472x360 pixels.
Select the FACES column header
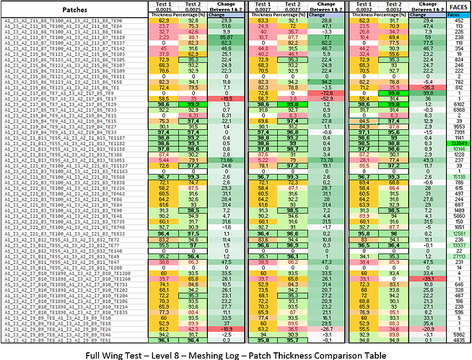point(456,6)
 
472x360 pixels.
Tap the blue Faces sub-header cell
point(456,14)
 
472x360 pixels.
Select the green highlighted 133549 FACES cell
point(456,144)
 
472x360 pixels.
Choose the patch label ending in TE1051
point(66,159)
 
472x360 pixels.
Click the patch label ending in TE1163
point(66,170)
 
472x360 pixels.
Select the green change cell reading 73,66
point(221,159)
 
